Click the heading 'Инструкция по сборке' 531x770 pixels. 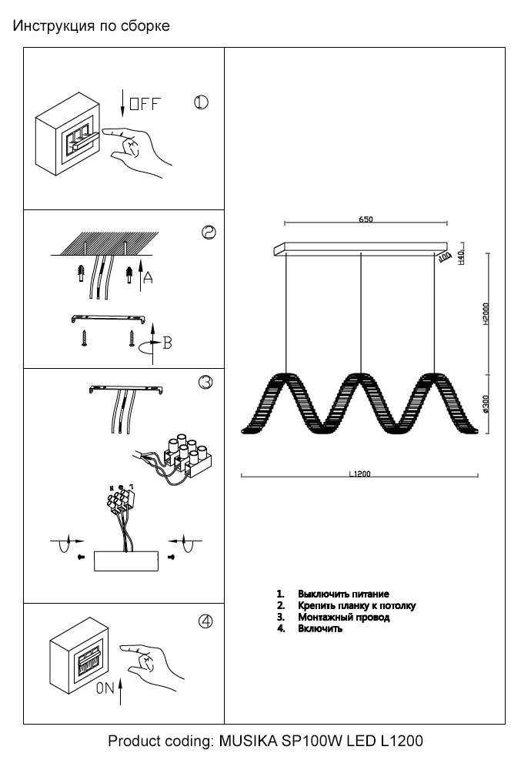click(x=91, y=27)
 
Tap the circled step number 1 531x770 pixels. click(x=200, y=103)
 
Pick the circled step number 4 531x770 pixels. click(x=205, y=623)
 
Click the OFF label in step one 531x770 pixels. click(x=144, y=105)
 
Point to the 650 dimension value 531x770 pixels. click(x=366, y=219)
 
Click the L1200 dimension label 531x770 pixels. click(x=359, y=474)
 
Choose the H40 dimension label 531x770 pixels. click(x=461, y=257)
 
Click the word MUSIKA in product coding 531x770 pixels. click(x=245, y=742)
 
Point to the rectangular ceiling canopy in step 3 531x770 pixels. click(x=125, y=561)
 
